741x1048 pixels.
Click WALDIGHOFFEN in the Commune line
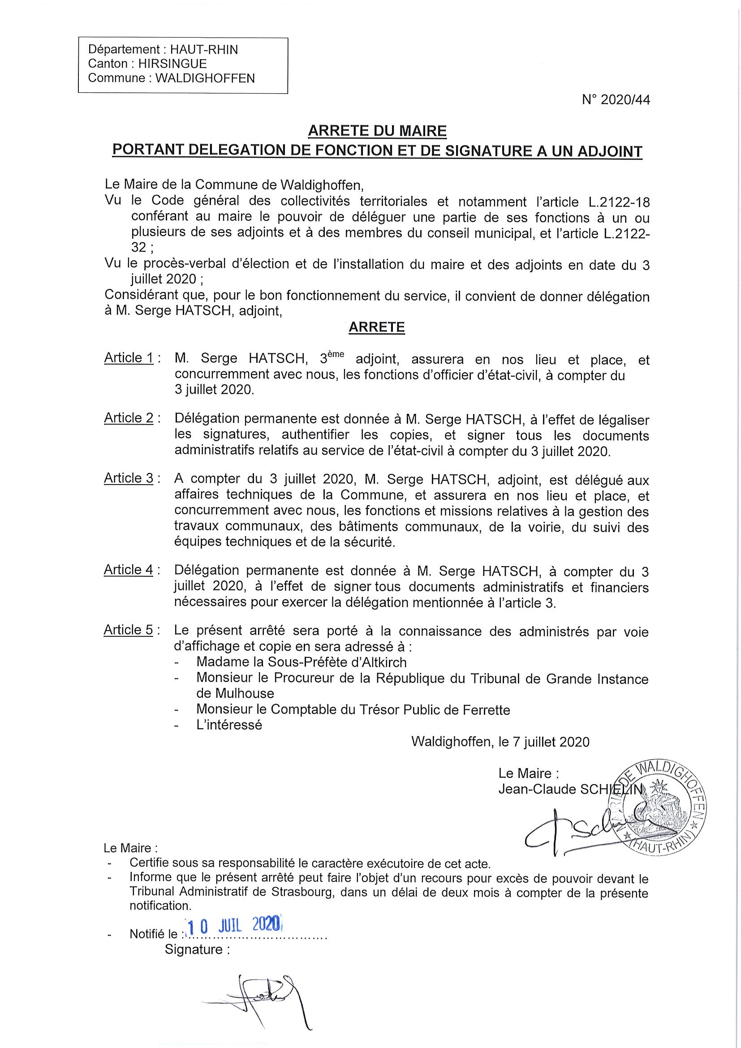[205, 78]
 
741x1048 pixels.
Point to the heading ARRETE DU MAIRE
[377, 132]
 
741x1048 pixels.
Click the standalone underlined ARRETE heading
[377, 327]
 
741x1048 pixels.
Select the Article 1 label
[129, 358]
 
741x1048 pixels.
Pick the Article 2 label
[129, 418]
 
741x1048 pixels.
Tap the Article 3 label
[129, 478]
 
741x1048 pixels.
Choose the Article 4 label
[129, 570]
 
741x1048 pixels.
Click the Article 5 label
[129, 630]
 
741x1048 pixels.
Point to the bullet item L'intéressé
[229, 725]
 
